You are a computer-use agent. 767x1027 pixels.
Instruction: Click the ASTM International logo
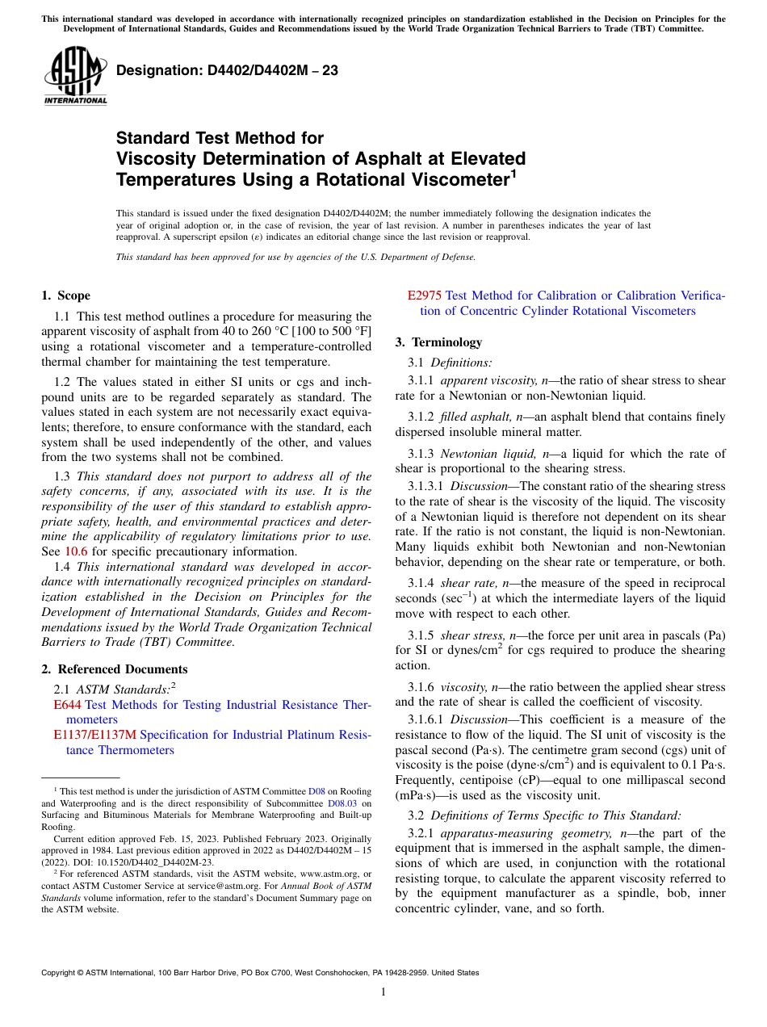click(x=75, y=77)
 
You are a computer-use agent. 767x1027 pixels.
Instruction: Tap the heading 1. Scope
click(x=65, y=296)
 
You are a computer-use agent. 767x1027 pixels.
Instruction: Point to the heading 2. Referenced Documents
click(x=115, y=669)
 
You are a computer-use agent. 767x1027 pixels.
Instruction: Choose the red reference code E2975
click(x=425, y=296)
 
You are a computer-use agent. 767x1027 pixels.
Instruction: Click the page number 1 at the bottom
click(x=383, y=992)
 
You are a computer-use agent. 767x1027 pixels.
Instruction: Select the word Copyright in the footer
click(x=61, y=973)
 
